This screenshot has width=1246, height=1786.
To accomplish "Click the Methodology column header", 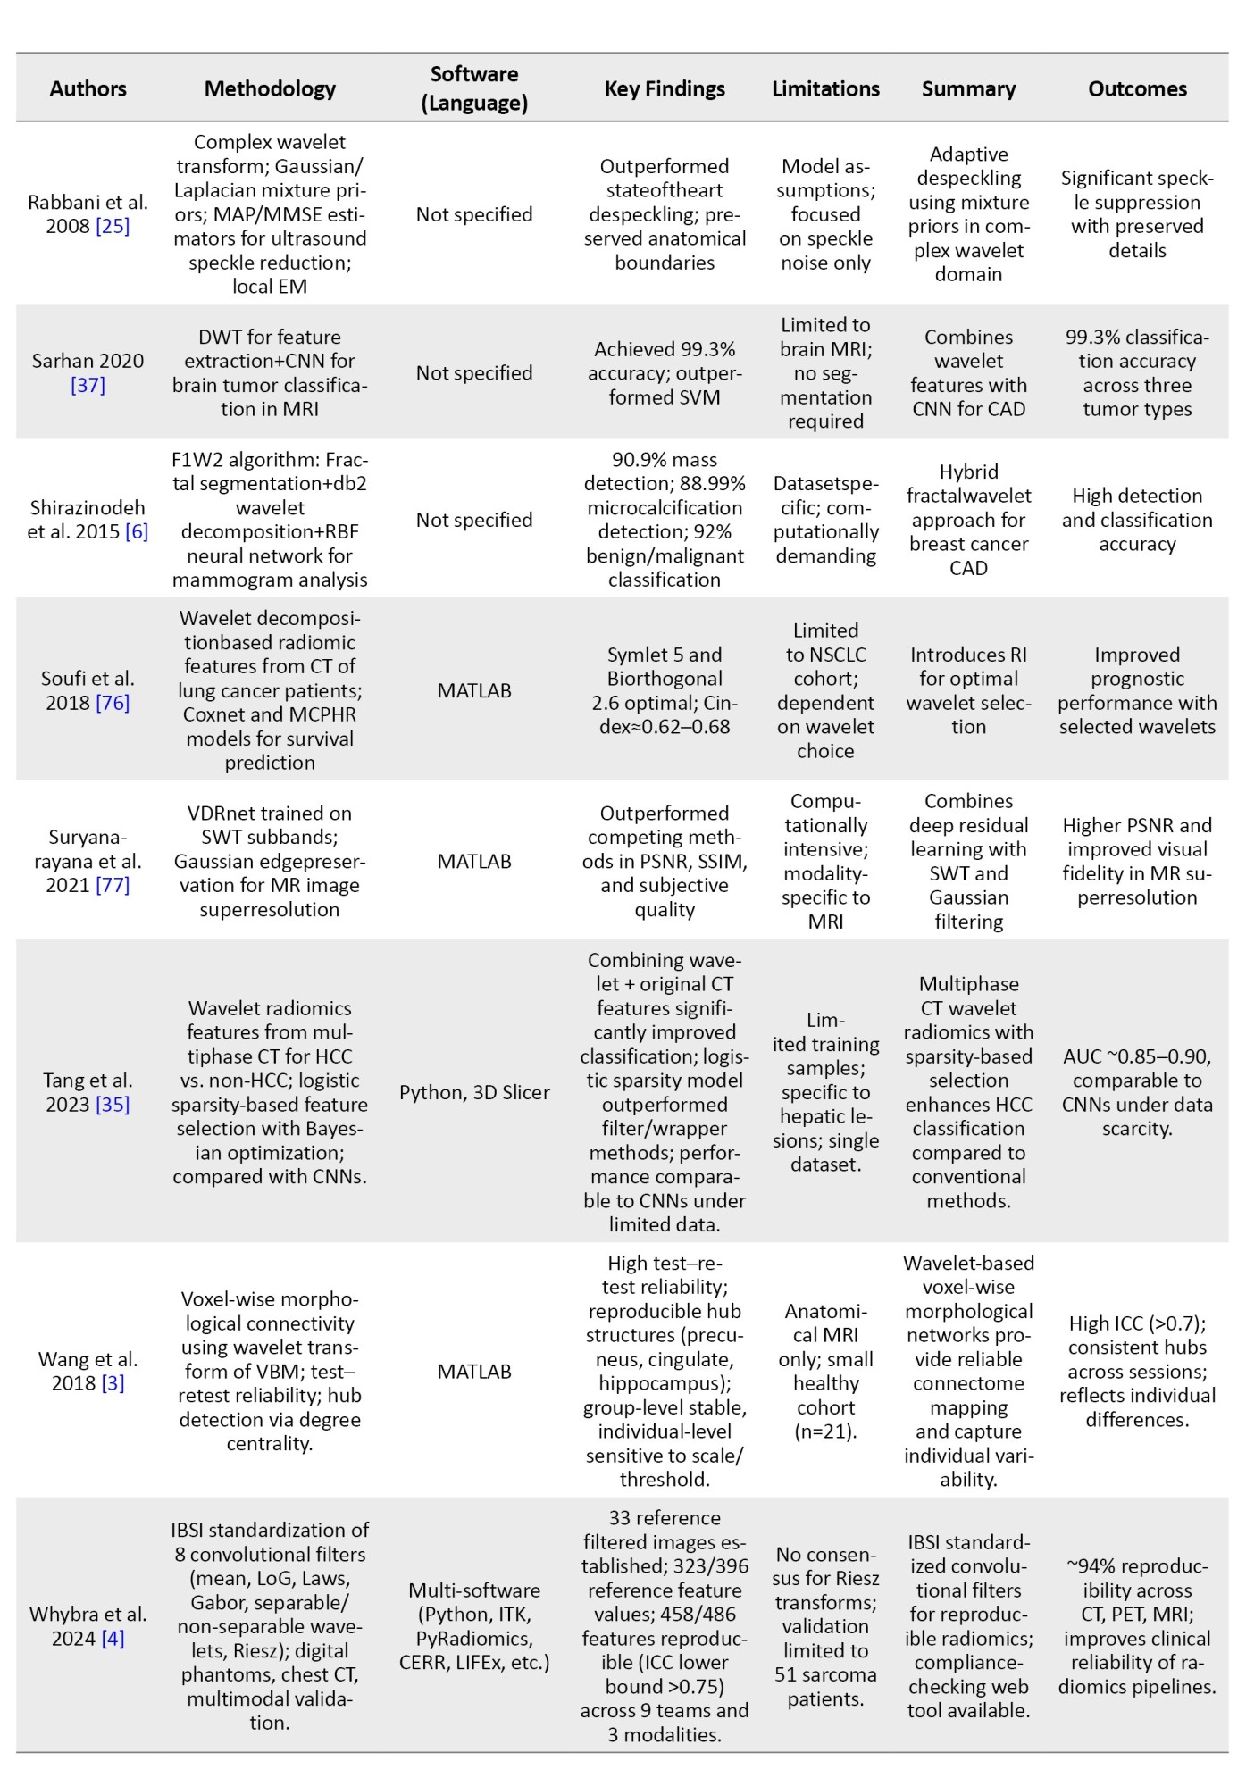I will (x=270, y=88).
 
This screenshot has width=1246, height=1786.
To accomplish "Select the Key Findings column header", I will (x=665, y=88).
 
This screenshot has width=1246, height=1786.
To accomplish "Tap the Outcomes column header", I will (x=1137, y=88).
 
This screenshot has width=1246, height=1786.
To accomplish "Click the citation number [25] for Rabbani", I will (x=113, y=226).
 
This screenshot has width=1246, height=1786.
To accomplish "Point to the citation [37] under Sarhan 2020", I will (x=88, y=385).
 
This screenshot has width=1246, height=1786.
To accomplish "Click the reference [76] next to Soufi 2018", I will (x=113, y=703).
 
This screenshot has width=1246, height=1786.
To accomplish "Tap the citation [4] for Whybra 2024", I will (x=113, y=1638).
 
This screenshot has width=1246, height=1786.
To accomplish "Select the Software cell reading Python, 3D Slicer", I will (x=474, y=1092).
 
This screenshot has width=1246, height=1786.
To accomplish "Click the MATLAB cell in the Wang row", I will (x=474, y=1371).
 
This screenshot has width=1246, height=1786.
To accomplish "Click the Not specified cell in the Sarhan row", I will (x=474, y=372).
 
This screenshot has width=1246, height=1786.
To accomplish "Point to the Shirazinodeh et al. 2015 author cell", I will (x=88, y=520).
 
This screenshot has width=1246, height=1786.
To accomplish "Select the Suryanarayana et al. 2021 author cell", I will (x=88, y=861).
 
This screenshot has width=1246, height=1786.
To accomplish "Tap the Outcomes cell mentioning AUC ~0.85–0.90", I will (x=1137, y=1092).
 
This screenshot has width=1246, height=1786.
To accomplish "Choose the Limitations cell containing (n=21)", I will (x=825, y=1371).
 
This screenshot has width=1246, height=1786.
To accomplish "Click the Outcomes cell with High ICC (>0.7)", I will (x=1137, y=1371).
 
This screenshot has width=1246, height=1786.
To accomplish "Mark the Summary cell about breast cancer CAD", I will (x=968, y=520).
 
